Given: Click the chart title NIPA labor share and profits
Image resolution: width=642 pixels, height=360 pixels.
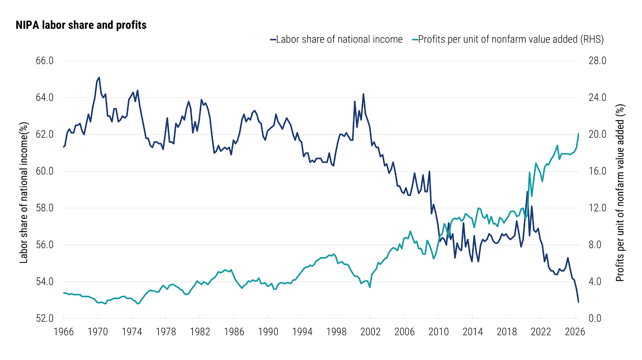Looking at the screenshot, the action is click(x=81, y=25).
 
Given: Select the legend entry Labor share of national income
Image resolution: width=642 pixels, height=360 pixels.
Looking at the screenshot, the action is click(x=336, y=39).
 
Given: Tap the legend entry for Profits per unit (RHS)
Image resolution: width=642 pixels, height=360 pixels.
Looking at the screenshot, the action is click(x=508, y=39).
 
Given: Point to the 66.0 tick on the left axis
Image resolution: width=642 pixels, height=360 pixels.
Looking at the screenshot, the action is click(x=45, y=61).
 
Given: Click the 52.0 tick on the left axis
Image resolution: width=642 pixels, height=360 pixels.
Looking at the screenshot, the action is click(x=45, y=318).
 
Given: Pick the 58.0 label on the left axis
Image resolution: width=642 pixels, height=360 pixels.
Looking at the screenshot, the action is click(x=45, y=208).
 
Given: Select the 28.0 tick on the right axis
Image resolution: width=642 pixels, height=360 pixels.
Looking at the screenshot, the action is click(x=597, y=61).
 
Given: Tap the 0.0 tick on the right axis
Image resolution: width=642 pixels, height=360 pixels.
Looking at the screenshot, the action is click(x=595, y=318).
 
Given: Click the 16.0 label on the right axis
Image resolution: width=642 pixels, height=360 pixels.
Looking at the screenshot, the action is click(x=597, y=171).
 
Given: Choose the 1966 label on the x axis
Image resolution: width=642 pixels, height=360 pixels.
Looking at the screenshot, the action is click(x=64, y=332).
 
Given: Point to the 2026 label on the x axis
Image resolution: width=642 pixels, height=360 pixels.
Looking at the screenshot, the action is click(x=575, y=332).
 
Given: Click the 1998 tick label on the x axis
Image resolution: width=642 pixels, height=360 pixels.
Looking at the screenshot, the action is click(x=336, y=332).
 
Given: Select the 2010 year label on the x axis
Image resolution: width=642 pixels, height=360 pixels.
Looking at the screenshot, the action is click(x=439, y=332).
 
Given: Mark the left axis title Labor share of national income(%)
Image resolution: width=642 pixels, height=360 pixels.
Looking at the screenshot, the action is click(x=24, y=193).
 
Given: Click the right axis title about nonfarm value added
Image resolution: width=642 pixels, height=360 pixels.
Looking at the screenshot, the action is click(x=620, y=193).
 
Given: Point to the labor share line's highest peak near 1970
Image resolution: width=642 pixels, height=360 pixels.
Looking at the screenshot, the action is click(x=99, y=77).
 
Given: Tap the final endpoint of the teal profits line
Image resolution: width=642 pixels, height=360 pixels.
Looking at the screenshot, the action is click(x=578, y=134).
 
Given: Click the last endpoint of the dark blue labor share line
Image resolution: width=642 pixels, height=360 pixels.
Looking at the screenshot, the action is click(x=578, y=302).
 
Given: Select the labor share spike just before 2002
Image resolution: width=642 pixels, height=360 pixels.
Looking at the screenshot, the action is click(x=363, y=94).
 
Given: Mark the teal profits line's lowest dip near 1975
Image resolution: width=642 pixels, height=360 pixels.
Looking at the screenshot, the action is click(x=138, y=303).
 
